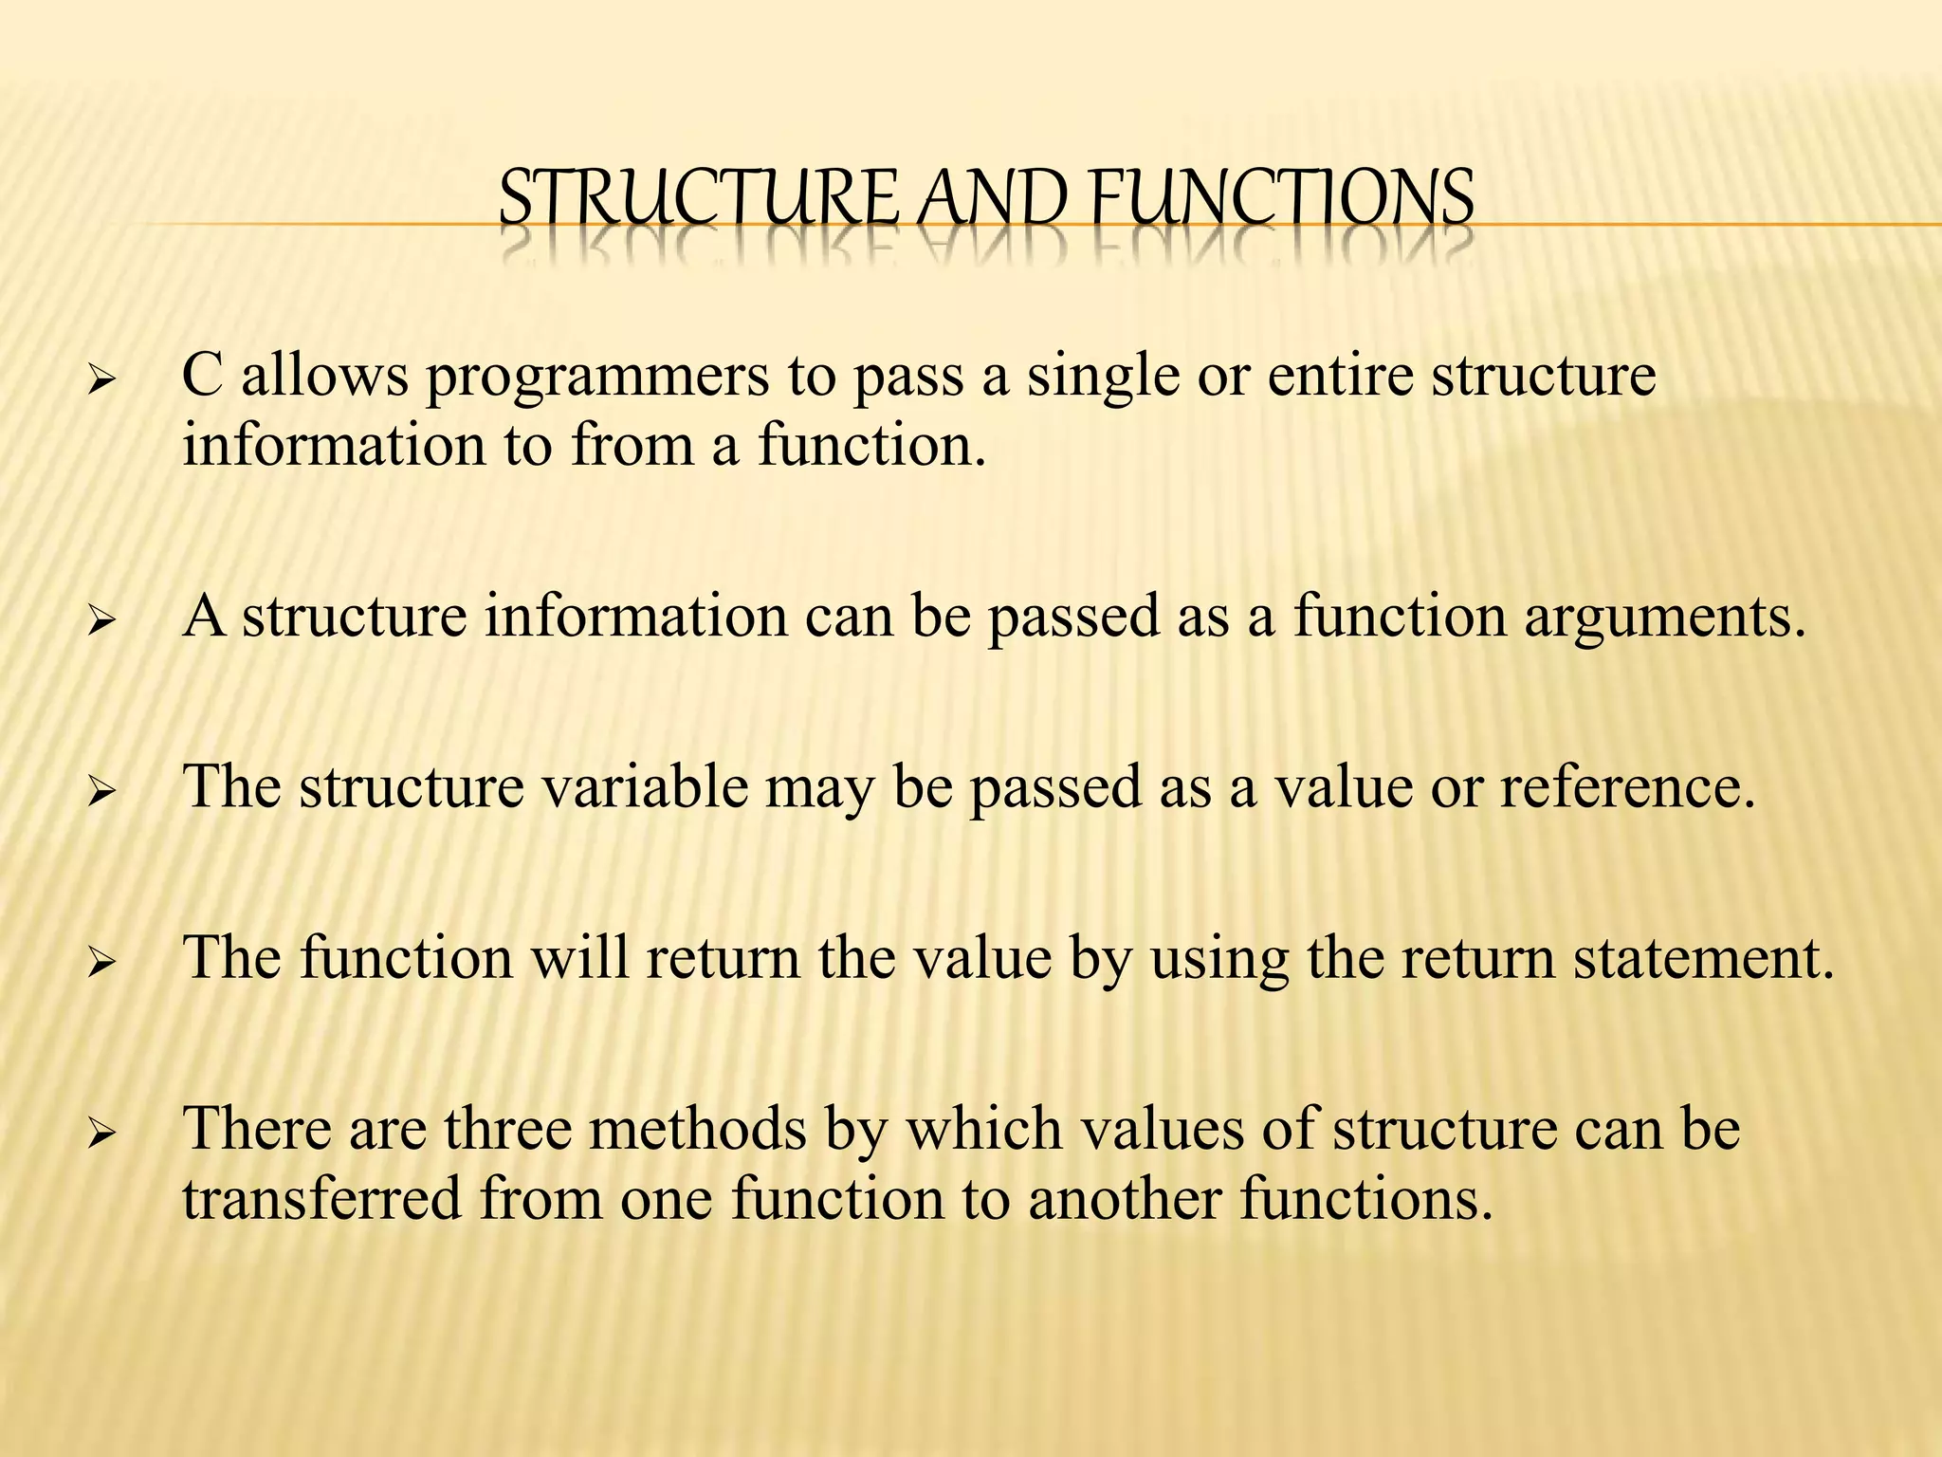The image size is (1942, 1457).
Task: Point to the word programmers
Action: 597,377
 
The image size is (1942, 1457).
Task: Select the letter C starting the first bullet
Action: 202,375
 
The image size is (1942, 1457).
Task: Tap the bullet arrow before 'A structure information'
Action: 100,623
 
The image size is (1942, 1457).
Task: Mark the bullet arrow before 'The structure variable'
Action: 100,794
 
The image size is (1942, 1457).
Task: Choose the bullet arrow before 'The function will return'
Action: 100,965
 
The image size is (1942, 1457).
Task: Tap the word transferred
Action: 322,1198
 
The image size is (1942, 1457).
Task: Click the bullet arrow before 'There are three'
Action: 100,1135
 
